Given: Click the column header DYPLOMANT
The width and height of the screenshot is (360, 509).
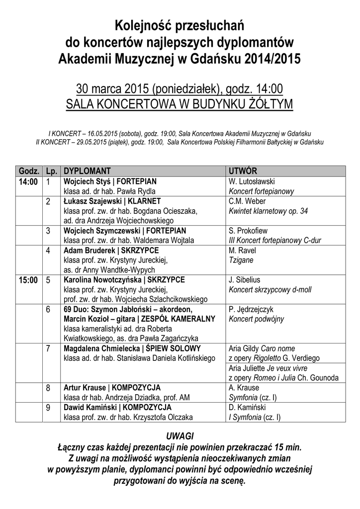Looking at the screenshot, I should coord(87,171).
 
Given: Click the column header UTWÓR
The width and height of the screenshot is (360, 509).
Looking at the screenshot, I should coord(243,171).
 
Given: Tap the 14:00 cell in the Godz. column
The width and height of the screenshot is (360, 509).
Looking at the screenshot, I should coord(28,181).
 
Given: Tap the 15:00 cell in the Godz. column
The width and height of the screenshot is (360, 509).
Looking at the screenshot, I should coord(28,280).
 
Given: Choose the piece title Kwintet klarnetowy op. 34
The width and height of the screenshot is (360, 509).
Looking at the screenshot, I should coord(268,211).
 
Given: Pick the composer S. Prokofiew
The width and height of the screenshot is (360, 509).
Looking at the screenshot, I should coord(248,231).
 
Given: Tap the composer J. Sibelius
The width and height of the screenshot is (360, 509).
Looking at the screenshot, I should coord(245,280).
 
